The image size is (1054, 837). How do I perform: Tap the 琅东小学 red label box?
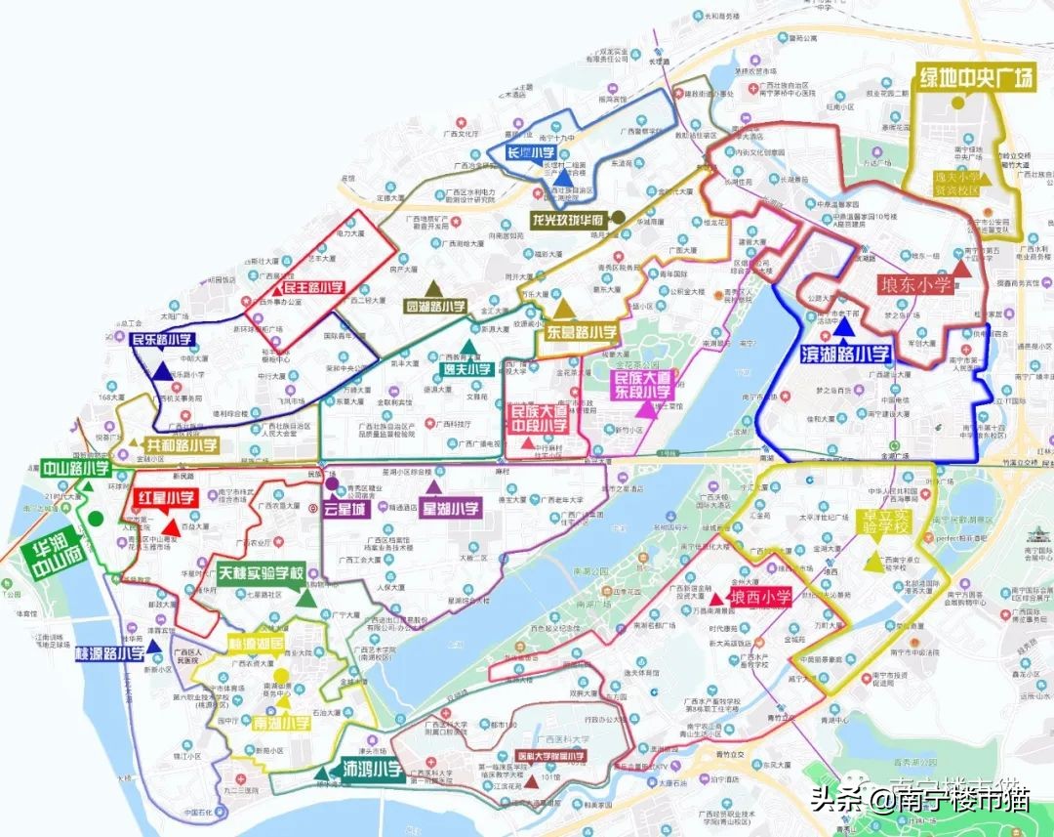(915, 285)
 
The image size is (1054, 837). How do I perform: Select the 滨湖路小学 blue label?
(845, 354)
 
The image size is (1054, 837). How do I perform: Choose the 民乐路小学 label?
(162, 340)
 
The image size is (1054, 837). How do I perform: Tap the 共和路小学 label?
(182, 444)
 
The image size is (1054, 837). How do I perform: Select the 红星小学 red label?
(166, 498)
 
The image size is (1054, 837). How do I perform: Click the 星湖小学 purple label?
(450, 508)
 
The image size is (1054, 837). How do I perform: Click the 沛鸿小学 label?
(373, 768)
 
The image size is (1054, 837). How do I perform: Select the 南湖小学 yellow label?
(282, 724)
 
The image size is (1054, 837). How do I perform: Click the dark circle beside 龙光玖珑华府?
(617, 218)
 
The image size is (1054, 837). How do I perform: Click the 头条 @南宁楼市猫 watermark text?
(917, 801)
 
